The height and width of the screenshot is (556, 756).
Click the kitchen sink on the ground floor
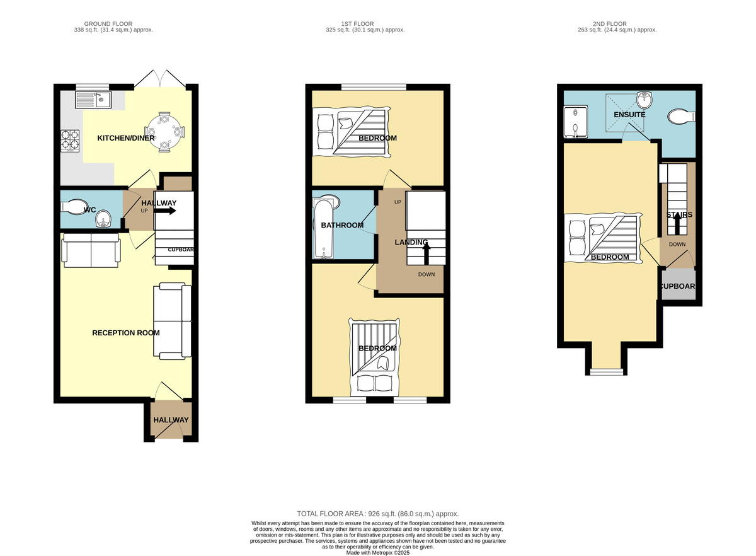click(x=93, y=100)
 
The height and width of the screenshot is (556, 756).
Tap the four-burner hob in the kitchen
click(x=70, y=141)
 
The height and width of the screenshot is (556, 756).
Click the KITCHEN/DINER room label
click(x=126, y=138)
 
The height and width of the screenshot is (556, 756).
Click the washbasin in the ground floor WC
click(x=103, y=219)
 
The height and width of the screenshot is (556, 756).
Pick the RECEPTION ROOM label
click(x=126, y=333)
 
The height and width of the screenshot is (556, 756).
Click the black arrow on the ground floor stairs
click(x=164, y=211)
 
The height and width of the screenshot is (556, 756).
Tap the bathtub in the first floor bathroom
click(x=324, y=229)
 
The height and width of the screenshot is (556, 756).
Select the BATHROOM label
click(x=342, y=225)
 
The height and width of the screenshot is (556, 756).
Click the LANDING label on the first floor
click(x=411, y=242)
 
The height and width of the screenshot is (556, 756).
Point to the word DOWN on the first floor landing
click(x=427, y=275)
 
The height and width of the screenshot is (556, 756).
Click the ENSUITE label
click(x=629, y=115)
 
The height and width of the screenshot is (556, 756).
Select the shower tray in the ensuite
click(x=575, y=122)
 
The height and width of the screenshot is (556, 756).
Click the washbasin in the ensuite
click(x=644, y=100)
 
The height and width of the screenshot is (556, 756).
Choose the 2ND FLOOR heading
click(x=610, y=24)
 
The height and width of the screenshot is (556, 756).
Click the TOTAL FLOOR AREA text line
click(x=377, y=514)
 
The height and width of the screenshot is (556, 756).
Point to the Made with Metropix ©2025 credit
click(x=377, y=553)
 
